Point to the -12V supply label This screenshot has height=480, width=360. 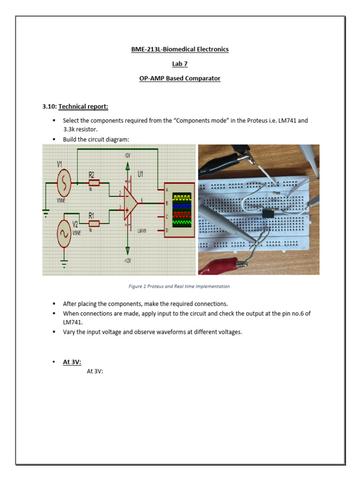127,155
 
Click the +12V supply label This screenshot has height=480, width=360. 127,261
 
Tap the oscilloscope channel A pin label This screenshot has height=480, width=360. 166,190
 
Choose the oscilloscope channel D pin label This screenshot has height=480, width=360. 166,230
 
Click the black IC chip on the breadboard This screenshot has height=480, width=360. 268,214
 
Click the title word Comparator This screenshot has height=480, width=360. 201,78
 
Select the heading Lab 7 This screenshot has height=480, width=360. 180,64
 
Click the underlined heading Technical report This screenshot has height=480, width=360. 83,106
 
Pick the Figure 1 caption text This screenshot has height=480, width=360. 180,286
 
